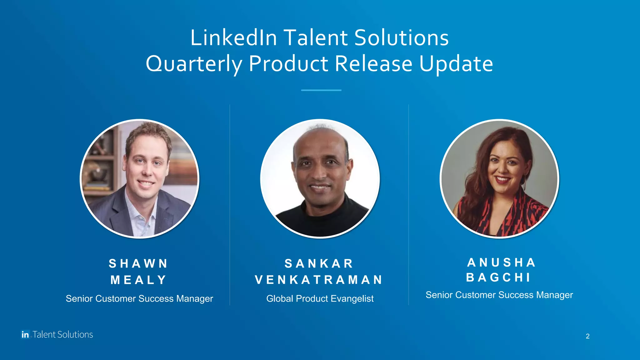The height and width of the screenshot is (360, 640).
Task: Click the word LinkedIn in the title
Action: pyautogui.click(x=233, y=38)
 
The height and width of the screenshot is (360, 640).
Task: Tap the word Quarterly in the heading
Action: pyautogui.click(x=194, y=64)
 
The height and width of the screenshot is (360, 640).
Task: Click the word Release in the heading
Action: pyautogui.click(x=373, y=63)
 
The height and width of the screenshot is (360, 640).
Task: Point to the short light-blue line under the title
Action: pyautogui.click(x=321, y=90)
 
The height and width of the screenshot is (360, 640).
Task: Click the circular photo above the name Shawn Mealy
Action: pyautogui.click(x=139, y=178)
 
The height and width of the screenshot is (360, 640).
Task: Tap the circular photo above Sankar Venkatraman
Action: pyautogui.click(x=320, y=178)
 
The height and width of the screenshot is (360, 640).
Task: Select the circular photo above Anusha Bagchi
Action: pyautogui.click(x=499, y=178)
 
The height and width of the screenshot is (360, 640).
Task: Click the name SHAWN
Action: pyautogui.click(x=138, y=263)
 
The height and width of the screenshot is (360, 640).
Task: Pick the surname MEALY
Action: pyautogui.click(x=138, y=280)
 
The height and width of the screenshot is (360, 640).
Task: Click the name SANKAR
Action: pyautogui.click(x=319, y=263)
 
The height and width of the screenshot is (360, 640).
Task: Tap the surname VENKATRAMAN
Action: pyautogui.click(x=319, y=280)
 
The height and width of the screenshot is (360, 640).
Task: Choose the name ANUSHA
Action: pyautogui.click(x=502, y=262)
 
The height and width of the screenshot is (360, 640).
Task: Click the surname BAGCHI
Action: pyautogui.click(x=499, y=277)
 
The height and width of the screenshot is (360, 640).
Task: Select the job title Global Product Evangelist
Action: pyautogui.click(x=320, y=298)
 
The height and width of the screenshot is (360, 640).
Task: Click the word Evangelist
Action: pyautogui.click(x=352, y=298)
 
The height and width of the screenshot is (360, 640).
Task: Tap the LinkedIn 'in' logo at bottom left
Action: pyautogui.click(x=25, y=334)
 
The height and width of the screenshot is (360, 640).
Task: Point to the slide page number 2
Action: pyautogui.click(x=587, y=336)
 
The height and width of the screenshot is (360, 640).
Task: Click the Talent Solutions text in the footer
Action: pyautogui.click(x=63, y=334)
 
